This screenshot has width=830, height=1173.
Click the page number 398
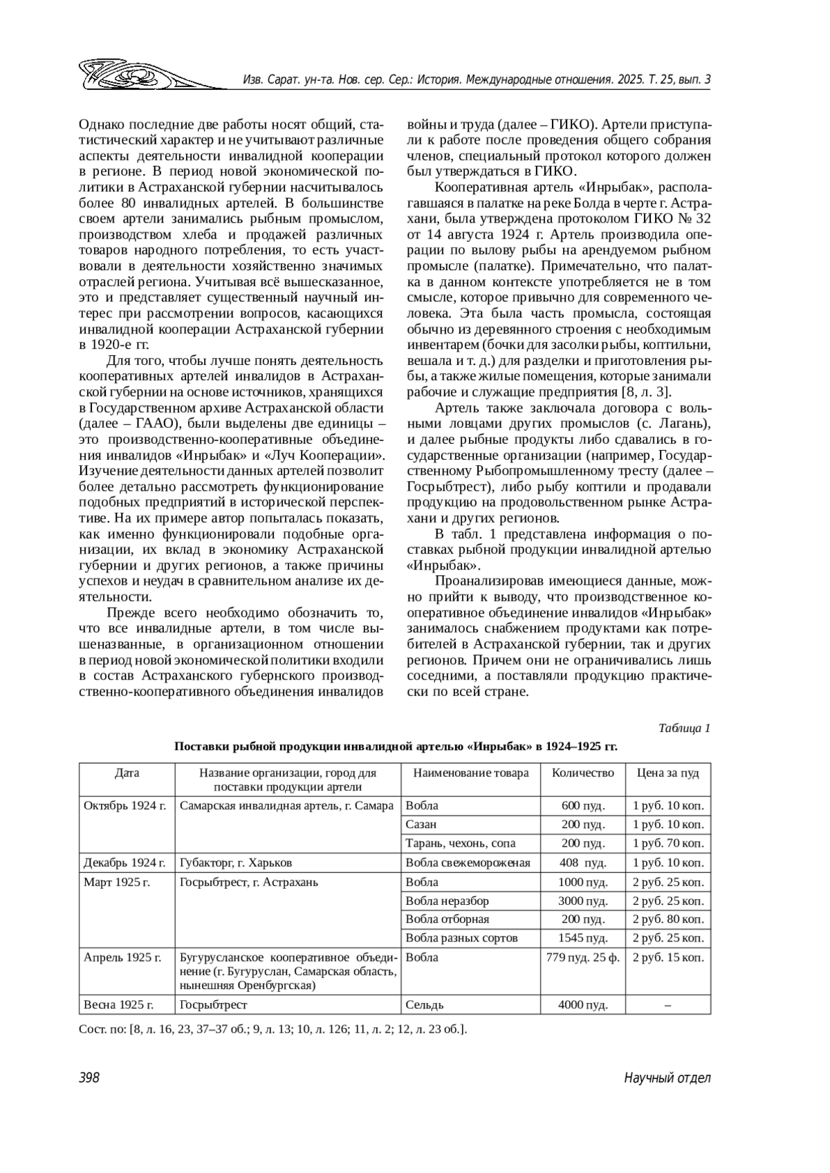[x=89, y=1078]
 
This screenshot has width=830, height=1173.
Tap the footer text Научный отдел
[x=667, y=1078]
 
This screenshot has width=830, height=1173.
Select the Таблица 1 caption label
[x=684, y=728]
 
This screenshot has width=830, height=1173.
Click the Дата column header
[x=127, y=773]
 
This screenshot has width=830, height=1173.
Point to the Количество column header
[x=582, y=773]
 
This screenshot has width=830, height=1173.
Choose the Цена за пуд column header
[x=667, y=773]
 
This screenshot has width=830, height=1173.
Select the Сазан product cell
[x=421, y=825]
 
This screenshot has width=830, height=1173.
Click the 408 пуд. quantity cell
[x=582, y=863]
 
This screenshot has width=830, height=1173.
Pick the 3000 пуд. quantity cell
[x=582, y=901]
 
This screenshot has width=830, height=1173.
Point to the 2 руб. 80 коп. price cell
[x=668, y=919]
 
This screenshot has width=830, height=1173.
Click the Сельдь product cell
[x=425, y=1004]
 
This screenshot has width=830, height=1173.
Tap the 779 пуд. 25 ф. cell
[x=582, y=957]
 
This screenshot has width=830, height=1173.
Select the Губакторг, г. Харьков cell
[x=236, y=863]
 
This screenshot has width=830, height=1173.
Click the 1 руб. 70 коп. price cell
[x=668, y=843]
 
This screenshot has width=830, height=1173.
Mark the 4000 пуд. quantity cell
[x=582, y=1004]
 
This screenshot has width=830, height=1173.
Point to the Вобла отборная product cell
[x=448, y=919]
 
